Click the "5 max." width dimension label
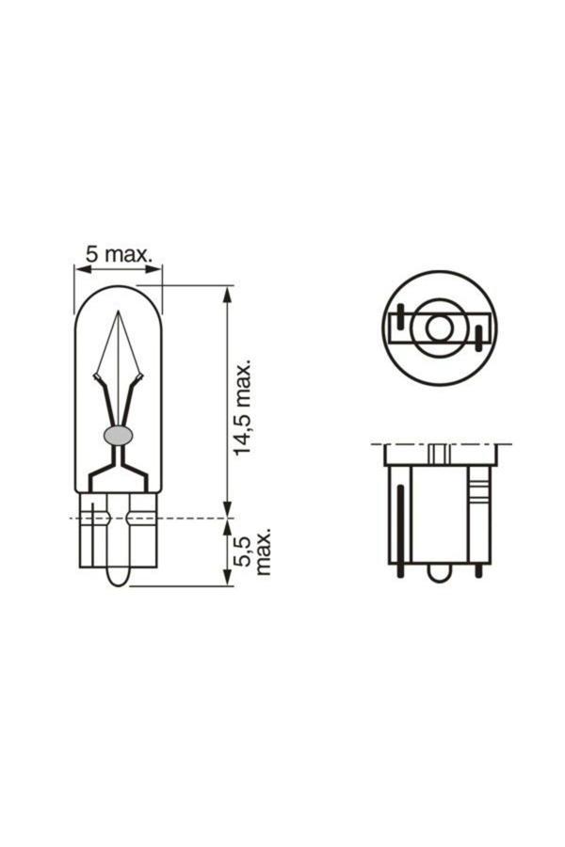[119, 254]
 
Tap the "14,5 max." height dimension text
[243, 407]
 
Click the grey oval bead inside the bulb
[118, 435]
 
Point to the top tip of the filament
[118, 313]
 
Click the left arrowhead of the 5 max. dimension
[80, 269]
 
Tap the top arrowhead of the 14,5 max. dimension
[226, 293]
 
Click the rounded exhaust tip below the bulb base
[117, 575]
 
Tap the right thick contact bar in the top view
[478, 337]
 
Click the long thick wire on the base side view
[400, 527]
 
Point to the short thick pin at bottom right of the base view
[479, 568]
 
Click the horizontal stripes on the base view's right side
[478, 489]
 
